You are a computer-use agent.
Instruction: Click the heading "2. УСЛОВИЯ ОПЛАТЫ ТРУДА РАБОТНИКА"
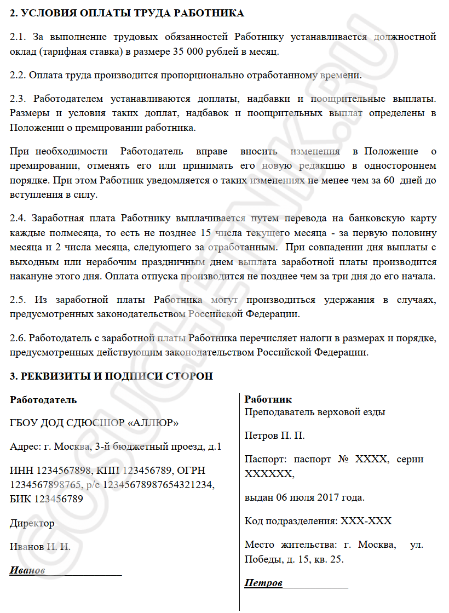tap(127, 13)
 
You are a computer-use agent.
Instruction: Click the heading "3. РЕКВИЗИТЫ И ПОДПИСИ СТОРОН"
tap(111, 376)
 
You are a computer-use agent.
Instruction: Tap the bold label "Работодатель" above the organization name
tap(43, 400)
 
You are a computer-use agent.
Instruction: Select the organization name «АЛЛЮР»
tap(153, 423)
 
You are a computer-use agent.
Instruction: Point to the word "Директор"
tap(32, 523)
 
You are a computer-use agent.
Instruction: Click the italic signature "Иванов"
tap(27, 570)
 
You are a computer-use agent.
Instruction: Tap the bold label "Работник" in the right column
tap(268, 399)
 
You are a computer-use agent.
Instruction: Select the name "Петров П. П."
tap(274, 436)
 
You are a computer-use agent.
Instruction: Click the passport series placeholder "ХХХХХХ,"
tap(269, 473)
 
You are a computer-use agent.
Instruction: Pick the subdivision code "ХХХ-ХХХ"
tap(366, 520)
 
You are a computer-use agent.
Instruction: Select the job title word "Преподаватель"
tap(279, 412)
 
